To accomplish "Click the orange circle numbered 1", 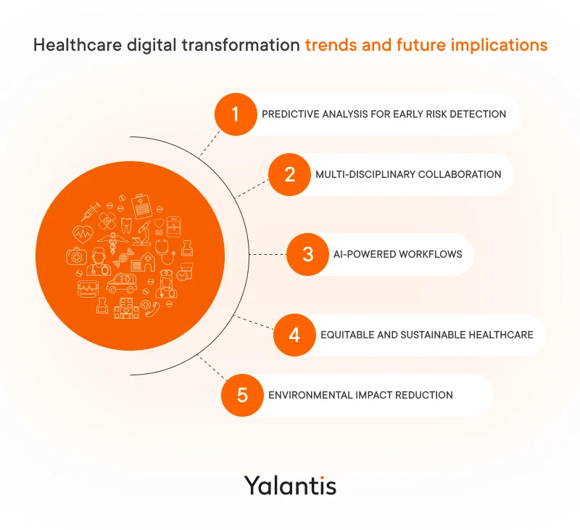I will pyautogui.click(x=235, y=114).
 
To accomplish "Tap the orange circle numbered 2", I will pyautogui.click(x=290, y=174).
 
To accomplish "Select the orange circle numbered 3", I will pyautogui.click(x=307, y=254).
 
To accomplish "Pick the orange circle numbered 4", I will pyautogui.click(x=294, y=335).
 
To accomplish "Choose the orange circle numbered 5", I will pyautogui.click(x=242, y=395).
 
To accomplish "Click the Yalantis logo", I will pyautogui.click(x=290, y=484).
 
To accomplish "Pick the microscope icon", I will pyautogui.click(x=144, y=234).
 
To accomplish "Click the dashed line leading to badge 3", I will pyautogui.click(x=267, y=254).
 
